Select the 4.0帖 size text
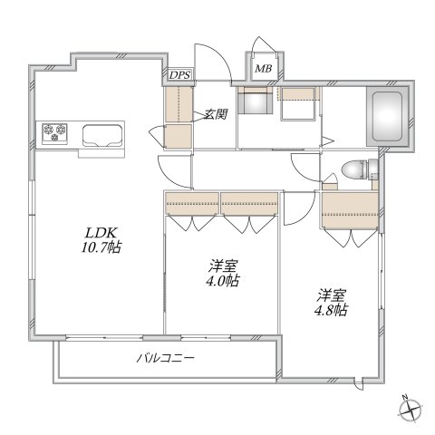(x=220, y=282)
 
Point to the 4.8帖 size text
(x=331, y=309)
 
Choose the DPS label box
(x=179, y=76)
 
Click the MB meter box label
(x=264, y=69)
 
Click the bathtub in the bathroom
(x=387, y=116)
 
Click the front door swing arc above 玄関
(x=211, y=58)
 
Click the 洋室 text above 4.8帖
(x=331, y=294)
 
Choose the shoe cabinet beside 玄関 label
(x=179, y=118)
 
